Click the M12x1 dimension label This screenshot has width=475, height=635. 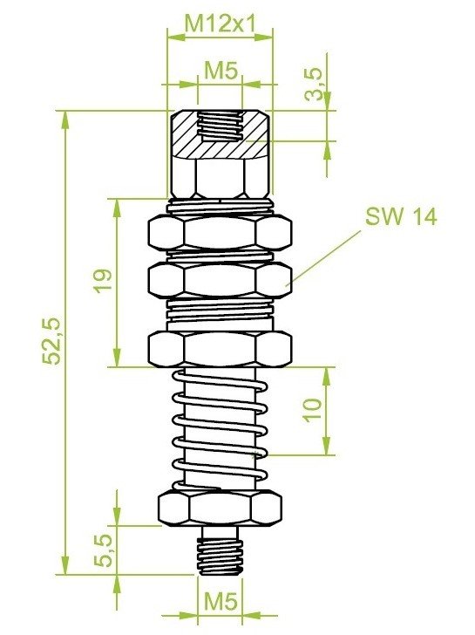[221, 24]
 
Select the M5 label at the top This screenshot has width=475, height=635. [221, 72]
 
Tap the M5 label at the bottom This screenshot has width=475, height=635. [221, 601]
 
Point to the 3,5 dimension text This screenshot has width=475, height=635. [314, 85]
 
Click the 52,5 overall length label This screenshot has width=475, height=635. [52, 341]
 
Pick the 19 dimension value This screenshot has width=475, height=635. [103, 280]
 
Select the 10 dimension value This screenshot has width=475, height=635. [313, 411]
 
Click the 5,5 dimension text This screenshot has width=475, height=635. [103, 550]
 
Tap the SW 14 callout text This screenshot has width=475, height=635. [401, 216]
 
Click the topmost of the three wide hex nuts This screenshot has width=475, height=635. [221, 232]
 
